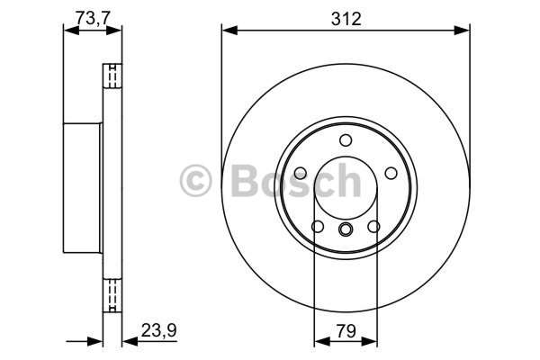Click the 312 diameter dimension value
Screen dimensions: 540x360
click(x=346, y=19)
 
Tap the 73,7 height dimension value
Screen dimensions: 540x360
click(x=93, y=18)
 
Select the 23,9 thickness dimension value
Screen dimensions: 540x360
click(x=158, y=330)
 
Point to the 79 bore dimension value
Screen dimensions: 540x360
click(x=346, y=331)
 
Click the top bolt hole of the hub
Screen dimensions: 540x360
click(x=346, y=140)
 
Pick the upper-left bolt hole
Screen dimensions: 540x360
click(x=301, y=173)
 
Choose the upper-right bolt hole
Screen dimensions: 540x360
click(x=391, y=173)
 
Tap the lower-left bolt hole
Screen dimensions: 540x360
click(x=318, y=226)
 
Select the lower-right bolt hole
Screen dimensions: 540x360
click(x=373, y=226)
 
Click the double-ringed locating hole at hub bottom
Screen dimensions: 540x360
click(x=346, y=229)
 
